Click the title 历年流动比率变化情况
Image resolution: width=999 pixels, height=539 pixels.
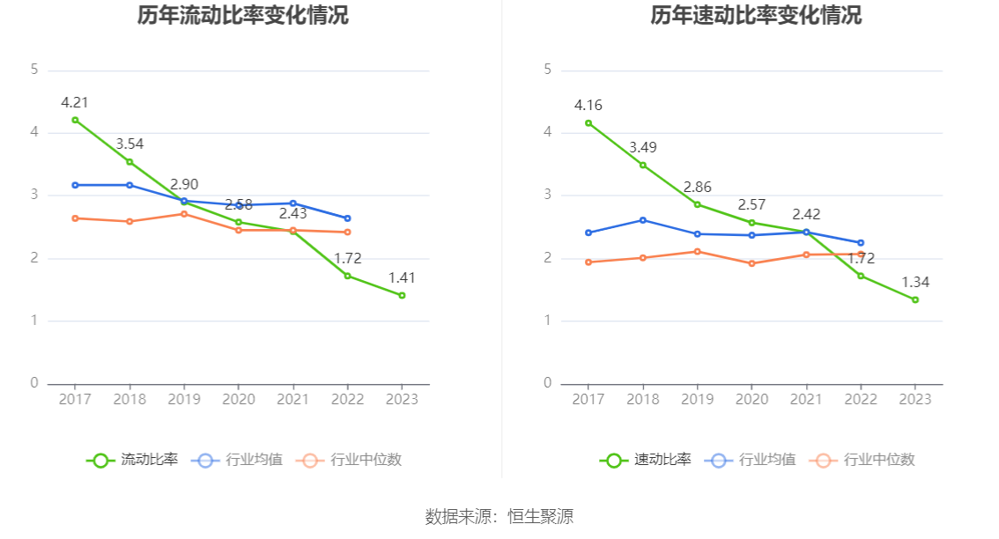tap(243, 16)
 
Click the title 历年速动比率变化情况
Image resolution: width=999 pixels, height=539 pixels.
tap(756, 16)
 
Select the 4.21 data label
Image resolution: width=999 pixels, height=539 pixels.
tap(75, 102)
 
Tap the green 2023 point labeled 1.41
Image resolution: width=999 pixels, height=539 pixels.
tap(402, 295)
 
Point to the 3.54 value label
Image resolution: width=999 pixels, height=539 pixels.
tap(129, 144)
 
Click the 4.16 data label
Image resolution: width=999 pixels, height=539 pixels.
tap(588, 106)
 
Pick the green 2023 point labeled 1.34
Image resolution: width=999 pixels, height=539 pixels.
tap(915, 299)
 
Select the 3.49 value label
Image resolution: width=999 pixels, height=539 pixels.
tap(643, 147)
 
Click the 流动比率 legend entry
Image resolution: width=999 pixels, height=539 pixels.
tap(133, 460)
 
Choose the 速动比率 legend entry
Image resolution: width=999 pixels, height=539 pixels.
tap(647, 460)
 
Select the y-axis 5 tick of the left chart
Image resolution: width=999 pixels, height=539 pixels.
tap(34, 70)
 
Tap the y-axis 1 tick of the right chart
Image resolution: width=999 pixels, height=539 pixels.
tap(548, 321)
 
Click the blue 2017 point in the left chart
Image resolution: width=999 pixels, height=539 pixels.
tap(75, 185)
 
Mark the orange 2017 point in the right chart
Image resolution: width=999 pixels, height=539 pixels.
tap(588, 262)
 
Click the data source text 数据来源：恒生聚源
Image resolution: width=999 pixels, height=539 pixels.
tap(499, 516)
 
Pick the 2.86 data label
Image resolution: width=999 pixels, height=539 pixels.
tap(698, 187)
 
